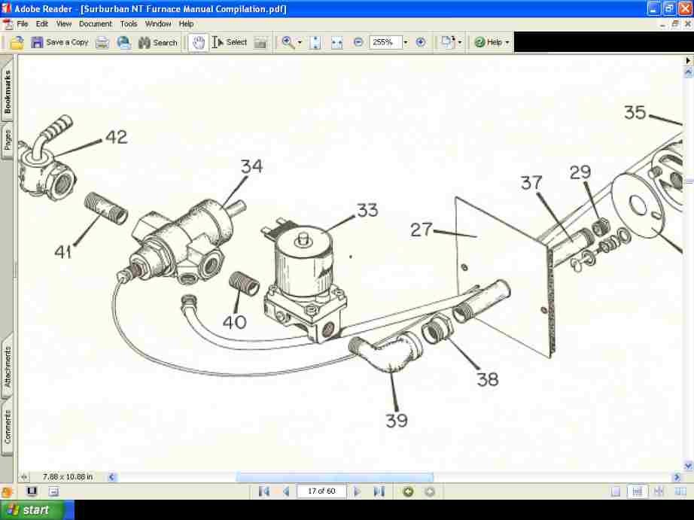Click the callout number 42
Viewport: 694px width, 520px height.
pos(116,137)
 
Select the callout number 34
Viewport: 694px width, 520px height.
pos(251,166)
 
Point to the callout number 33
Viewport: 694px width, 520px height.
pos(367,210)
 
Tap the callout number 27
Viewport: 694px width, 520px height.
pos(422,229)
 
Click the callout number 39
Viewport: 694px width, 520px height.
pos(397,420)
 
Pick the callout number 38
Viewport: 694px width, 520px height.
pos(488,379)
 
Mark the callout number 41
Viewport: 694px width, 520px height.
pos(62,251)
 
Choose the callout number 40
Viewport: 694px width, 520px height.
pos(234,322)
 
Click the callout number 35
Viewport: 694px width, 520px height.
pos(635,112)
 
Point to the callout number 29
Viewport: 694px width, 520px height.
pos(580,172)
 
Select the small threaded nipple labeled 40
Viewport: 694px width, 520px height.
pos(244,284)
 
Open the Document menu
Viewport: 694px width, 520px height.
pos(96,24)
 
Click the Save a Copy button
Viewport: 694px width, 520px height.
pos(59,42)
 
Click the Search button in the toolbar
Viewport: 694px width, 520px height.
pos(157,42)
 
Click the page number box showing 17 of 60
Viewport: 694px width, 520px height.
pos(321,491)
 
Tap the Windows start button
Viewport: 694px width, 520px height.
pos(28,510)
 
